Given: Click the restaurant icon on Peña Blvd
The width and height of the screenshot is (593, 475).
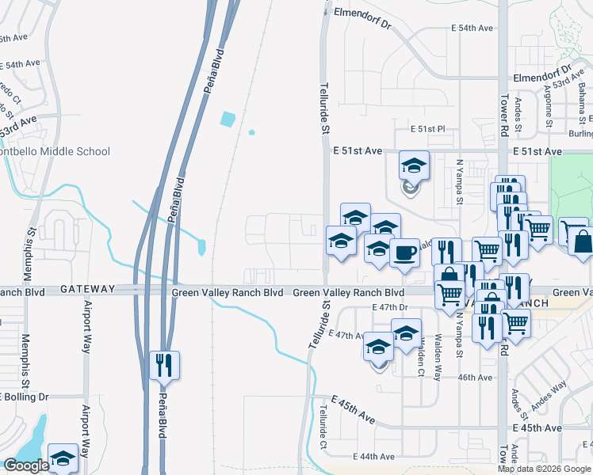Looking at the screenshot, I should pyautogui.click(x=165, y=365).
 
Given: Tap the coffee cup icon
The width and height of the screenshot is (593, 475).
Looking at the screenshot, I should pyautogui.click(x=404, y=253).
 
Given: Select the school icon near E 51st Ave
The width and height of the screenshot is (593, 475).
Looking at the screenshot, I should pyautogui.click(x=414, y=165).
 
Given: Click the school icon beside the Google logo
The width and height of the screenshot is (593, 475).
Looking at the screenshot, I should pyautogui.click(x=63, y=458).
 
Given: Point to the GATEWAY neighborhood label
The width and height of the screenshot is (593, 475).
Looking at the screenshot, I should pyautogui.click(x=87, y=291).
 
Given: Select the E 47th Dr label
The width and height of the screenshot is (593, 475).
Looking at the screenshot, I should pyautogui.click(x=389, y=307).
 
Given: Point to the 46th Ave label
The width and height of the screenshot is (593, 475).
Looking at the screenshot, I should pyautogui.click(x=476, y=377).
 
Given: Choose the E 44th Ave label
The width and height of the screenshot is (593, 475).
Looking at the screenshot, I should pyautogui.click(x=373, y=457).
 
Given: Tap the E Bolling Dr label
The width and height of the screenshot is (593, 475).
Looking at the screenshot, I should pyautogui.click(x=24, y=396).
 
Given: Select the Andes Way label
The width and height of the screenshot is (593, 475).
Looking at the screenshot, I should pyautogui.click(x=549, y=396).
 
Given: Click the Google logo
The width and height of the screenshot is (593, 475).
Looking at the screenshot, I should pyautogui.click(x=26, y=465).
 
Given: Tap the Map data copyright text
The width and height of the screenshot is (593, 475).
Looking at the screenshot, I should pyautogui.click(x=544, y=469).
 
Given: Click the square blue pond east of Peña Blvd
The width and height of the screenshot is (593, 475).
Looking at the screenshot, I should pyautogui.click(x=228, y=120).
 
